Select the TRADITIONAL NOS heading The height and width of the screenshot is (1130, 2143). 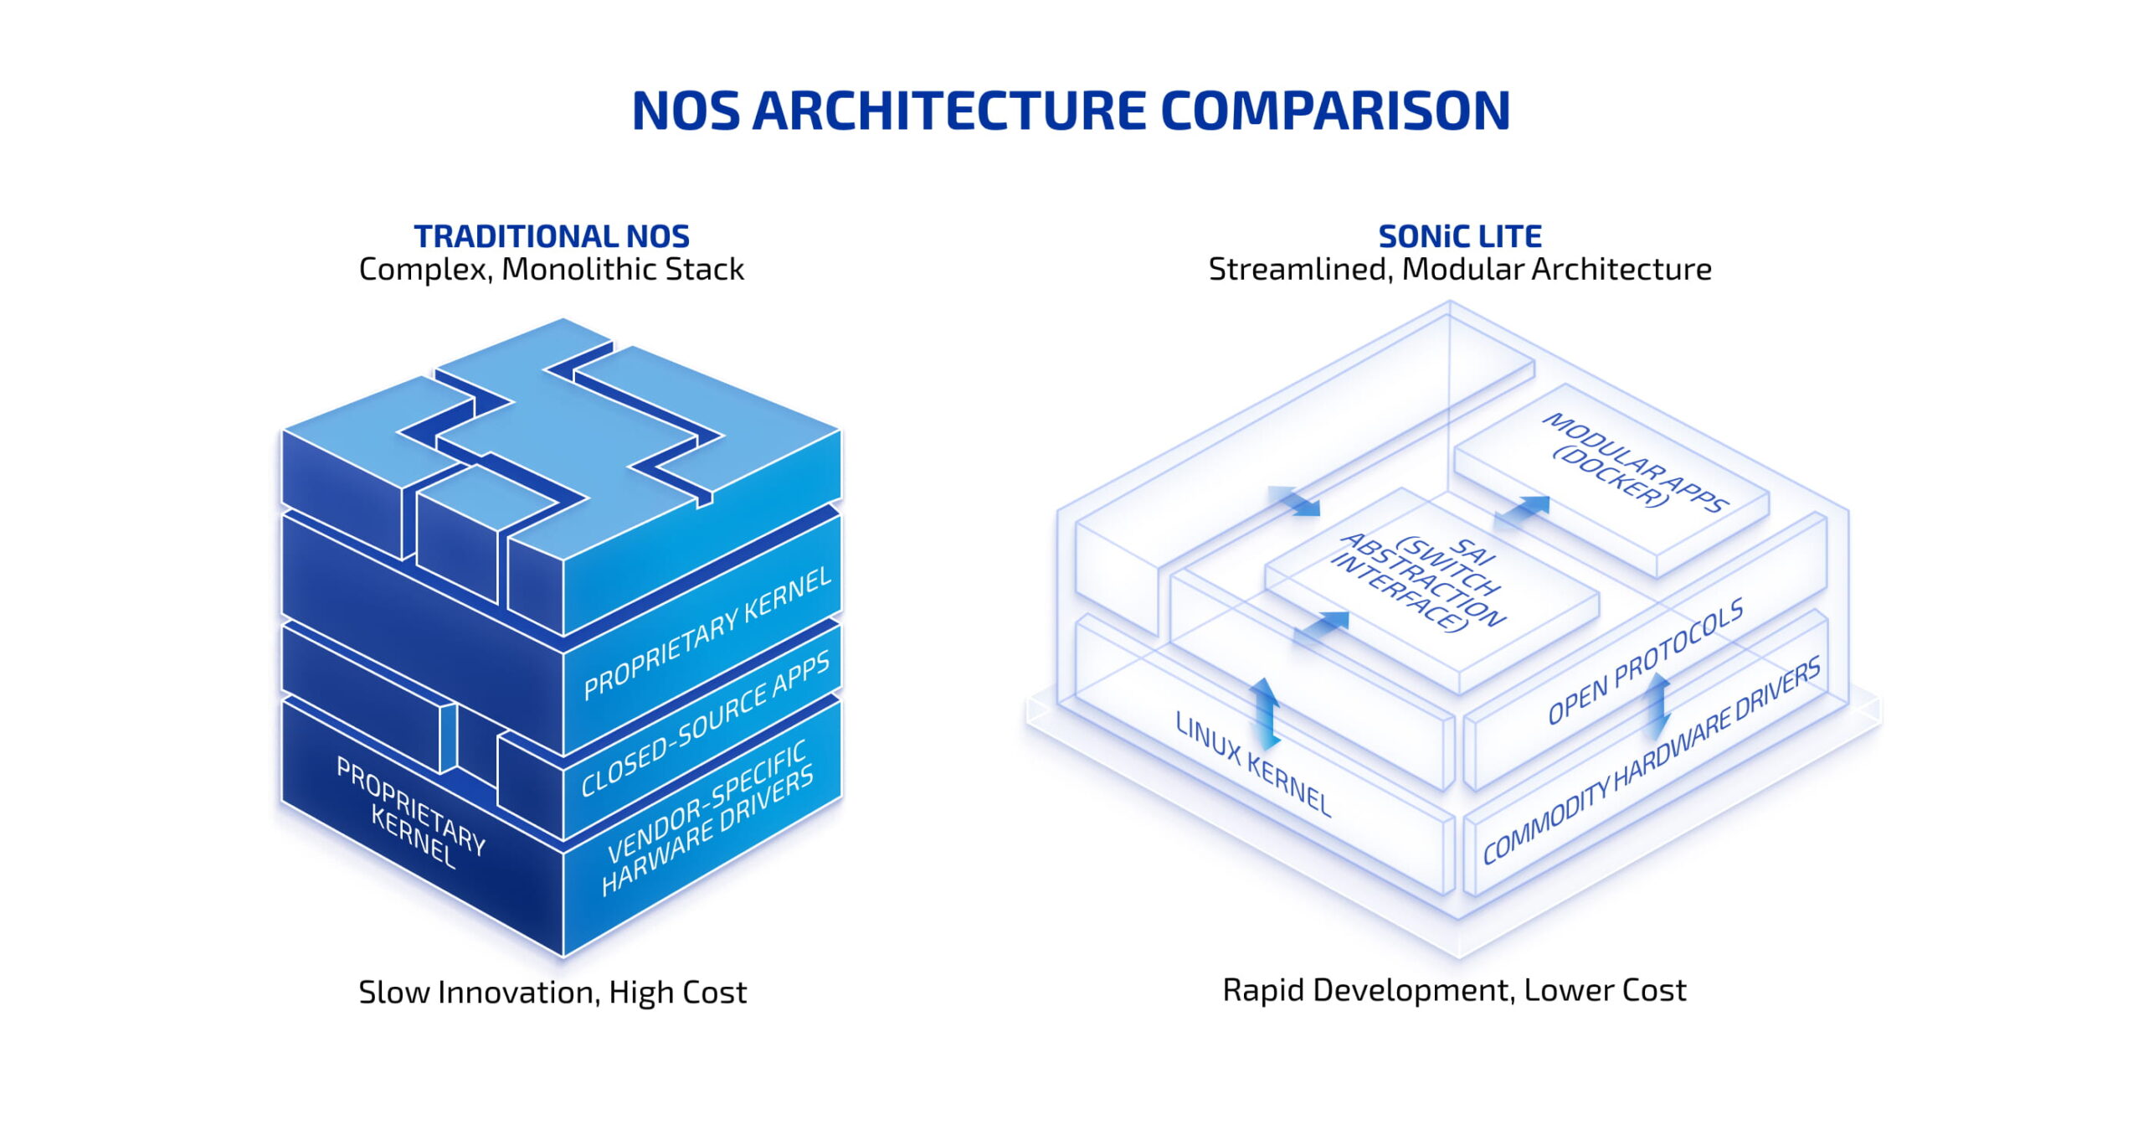(x=552, y=237)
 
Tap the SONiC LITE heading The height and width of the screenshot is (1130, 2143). (x=1459, y=237)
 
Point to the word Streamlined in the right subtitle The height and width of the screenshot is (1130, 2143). (x=1299, y=270)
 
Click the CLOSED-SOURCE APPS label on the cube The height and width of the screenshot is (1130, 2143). (x=705, y=723)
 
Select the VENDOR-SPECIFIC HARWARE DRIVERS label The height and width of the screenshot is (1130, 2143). (x=707, y=818)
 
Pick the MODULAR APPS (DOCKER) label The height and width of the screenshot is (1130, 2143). (x=1632, y=462)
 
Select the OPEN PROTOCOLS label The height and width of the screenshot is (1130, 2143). (x=1644, y=661)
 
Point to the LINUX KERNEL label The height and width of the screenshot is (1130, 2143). (x=1252, y=764)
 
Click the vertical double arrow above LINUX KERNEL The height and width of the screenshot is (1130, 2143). (x=1265, y=713)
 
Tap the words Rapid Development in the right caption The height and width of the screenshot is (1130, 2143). (x=1366, y=991)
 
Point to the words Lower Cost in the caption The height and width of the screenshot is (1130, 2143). (x=1604, y=991)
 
